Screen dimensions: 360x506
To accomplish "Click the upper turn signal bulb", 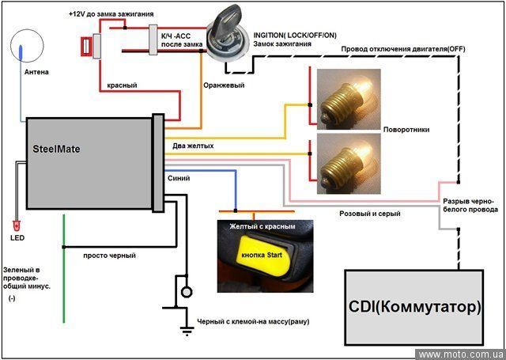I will (348, 97).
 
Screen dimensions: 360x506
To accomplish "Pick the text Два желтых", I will (193, 145).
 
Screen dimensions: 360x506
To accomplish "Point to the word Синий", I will (179, 178).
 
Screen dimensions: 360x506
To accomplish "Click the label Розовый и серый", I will (369, 214).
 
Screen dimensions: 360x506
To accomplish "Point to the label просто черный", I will (110, 256).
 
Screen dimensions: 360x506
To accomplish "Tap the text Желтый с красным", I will (262, 226).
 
